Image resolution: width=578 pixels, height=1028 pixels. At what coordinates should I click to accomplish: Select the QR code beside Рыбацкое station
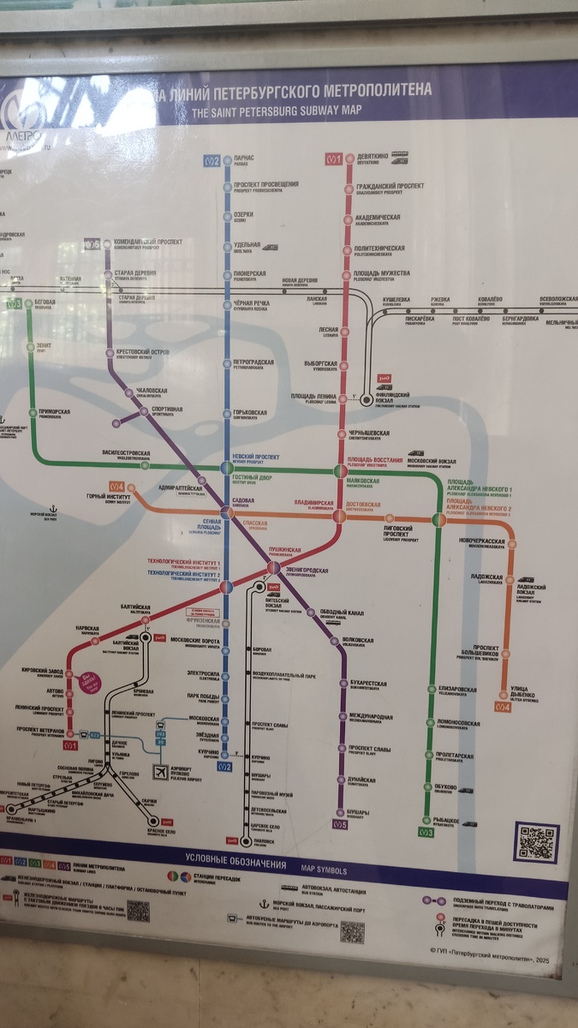pyautogui.click(x=537, y=841)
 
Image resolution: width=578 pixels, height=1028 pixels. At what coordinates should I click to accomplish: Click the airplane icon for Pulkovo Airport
pyautogui.click(x=159, y=772)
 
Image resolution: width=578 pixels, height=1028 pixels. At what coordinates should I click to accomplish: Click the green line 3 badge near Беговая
pyautogui.click(x=14, y=303)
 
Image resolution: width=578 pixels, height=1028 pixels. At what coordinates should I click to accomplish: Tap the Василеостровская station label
pyautogui.click(x=126, y=453)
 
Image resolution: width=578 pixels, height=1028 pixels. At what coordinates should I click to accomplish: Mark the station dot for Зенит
pyautogui.click(x=33, y=346)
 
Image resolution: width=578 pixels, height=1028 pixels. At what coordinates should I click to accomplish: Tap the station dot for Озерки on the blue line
pyautogui.click(x=227, y=217)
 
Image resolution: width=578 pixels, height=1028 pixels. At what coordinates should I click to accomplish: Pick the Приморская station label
pyautogui.click(x=54, y=412)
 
